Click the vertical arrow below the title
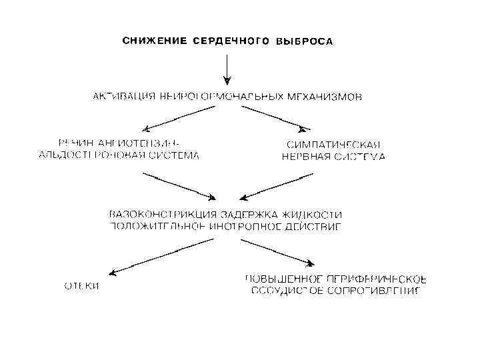tap(227, 67)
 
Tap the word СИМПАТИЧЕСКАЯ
tap(333, 145)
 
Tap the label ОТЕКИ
tap(81, 286)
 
